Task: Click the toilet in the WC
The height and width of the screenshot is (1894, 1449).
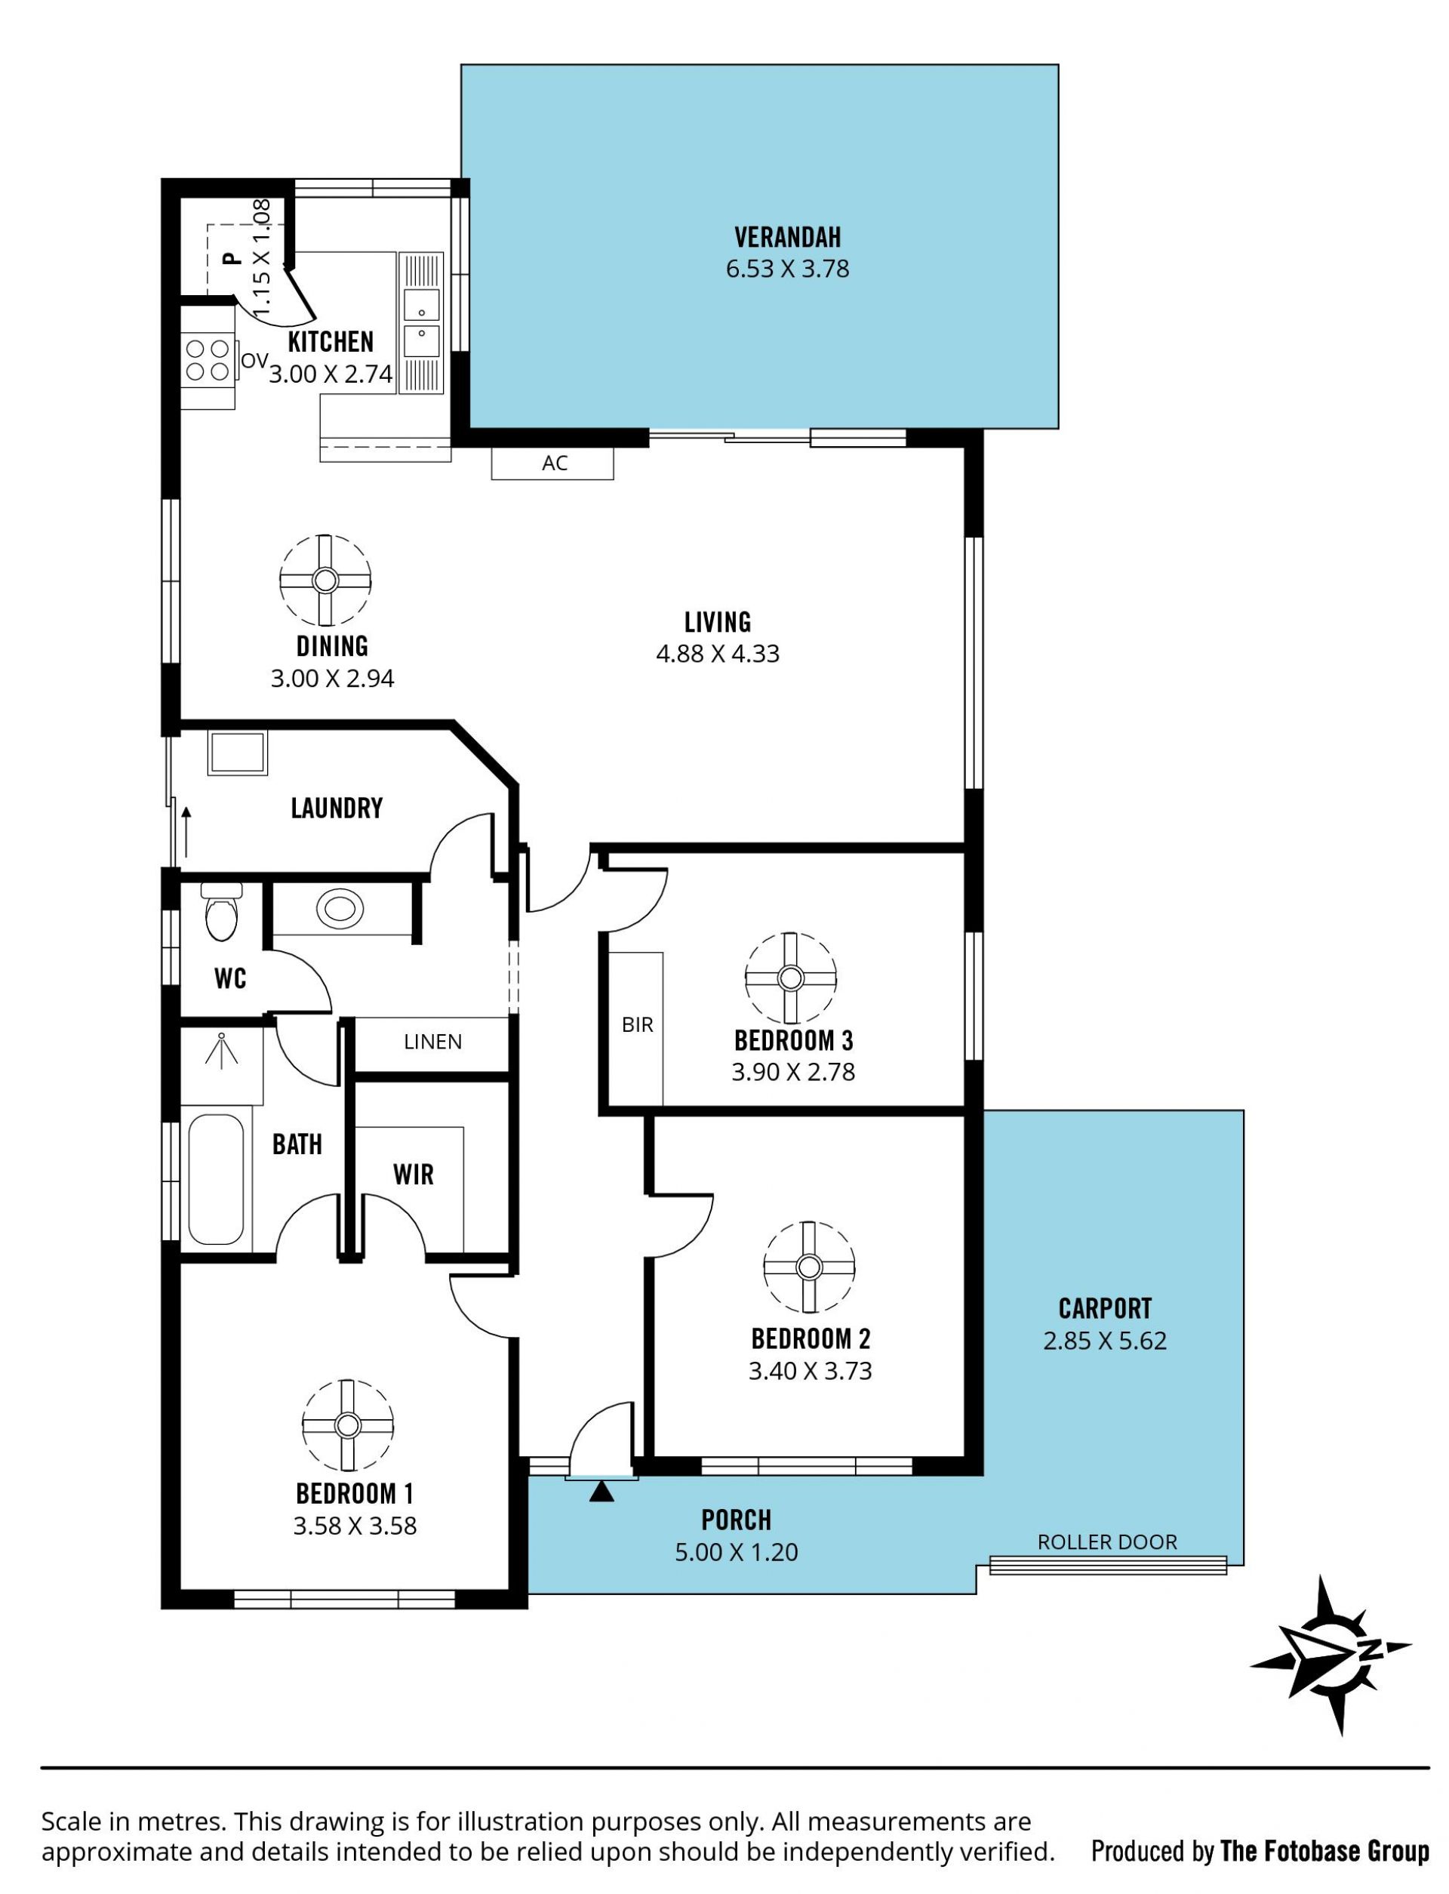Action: [221, 912]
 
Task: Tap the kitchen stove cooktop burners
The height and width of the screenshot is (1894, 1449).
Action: [208, 359]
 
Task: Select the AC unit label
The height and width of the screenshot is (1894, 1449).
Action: [555, 463]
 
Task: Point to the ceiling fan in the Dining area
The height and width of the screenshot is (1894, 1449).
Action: [325, 580]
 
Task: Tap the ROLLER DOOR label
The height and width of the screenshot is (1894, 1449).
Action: [1106, 1542]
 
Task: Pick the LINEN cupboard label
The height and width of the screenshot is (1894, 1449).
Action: [433, 1042]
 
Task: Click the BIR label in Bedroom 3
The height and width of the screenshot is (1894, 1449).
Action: [638, 1024]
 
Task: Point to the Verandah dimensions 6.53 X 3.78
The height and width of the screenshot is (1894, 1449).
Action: [787, 269]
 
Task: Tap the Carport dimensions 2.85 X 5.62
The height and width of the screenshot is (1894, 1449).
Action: [1105, 1341]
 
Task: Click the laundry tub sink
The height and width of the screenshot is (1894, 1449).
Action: [238, 753]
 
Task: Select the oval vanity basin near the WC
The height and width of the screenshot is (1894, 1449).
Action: [340, 908]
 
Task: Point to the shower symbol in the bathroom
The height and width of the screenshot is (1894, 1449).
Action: [222, 1052]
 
